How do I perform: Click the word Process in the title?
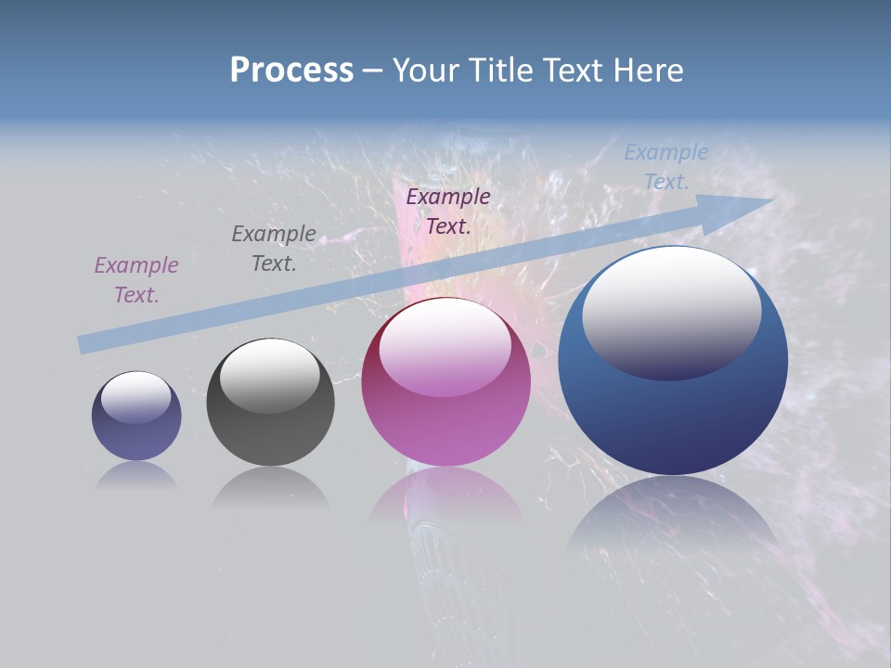[291, 71]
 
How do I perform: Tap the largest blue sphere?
[673, 417]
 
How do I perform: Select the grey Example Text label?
[274, 249]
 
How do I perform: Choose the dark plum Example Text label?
[448, 212]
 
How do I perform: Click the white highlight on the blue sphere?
[671, 311]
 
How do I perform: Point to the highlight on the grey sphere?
[270, 374]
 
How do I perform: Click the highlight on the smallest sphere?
[136, 396]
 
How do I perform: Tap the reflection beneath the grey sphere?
[270, 488]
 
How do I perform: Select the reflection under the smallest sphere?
[136, 476]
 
